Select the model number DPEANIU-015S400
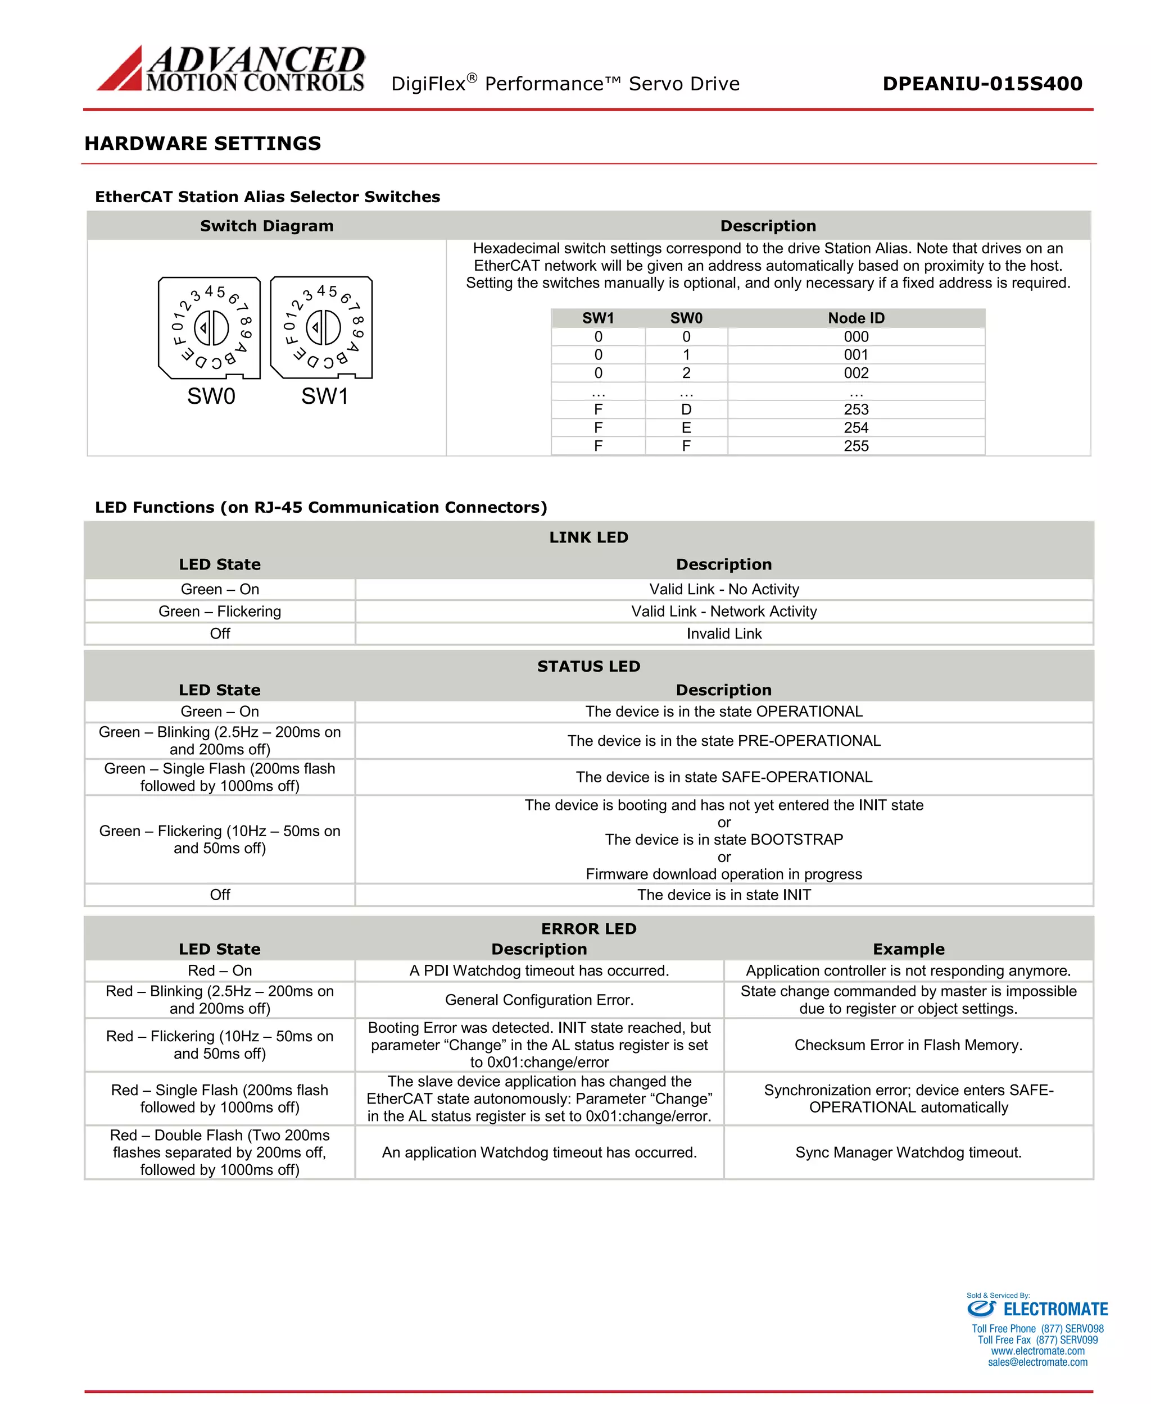point(982,84)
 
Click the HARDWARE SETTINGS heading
point(202,143)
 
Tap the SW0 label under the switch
point(211,396)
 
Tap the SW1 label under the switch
point(324,396)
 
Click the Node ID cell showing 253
point(856,409)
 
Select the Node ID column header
point(856,318)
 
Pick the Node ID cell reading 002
point(856,373)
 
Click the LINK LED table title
point(588,537)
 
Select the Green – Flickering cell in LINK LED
point(219,612)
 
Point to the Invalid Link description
point(724,634)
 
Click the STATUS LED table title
point(588,667)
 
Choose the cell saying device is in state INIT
point(724,895)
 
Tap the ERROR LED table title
point(588,929)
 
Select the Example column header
point(908,950)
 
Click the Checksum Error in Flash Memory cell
point(908,1045)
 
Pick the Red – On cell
point(219,970)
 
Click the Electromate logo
point(1037,1309)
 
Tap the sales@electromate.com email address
point(1037,1362)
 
